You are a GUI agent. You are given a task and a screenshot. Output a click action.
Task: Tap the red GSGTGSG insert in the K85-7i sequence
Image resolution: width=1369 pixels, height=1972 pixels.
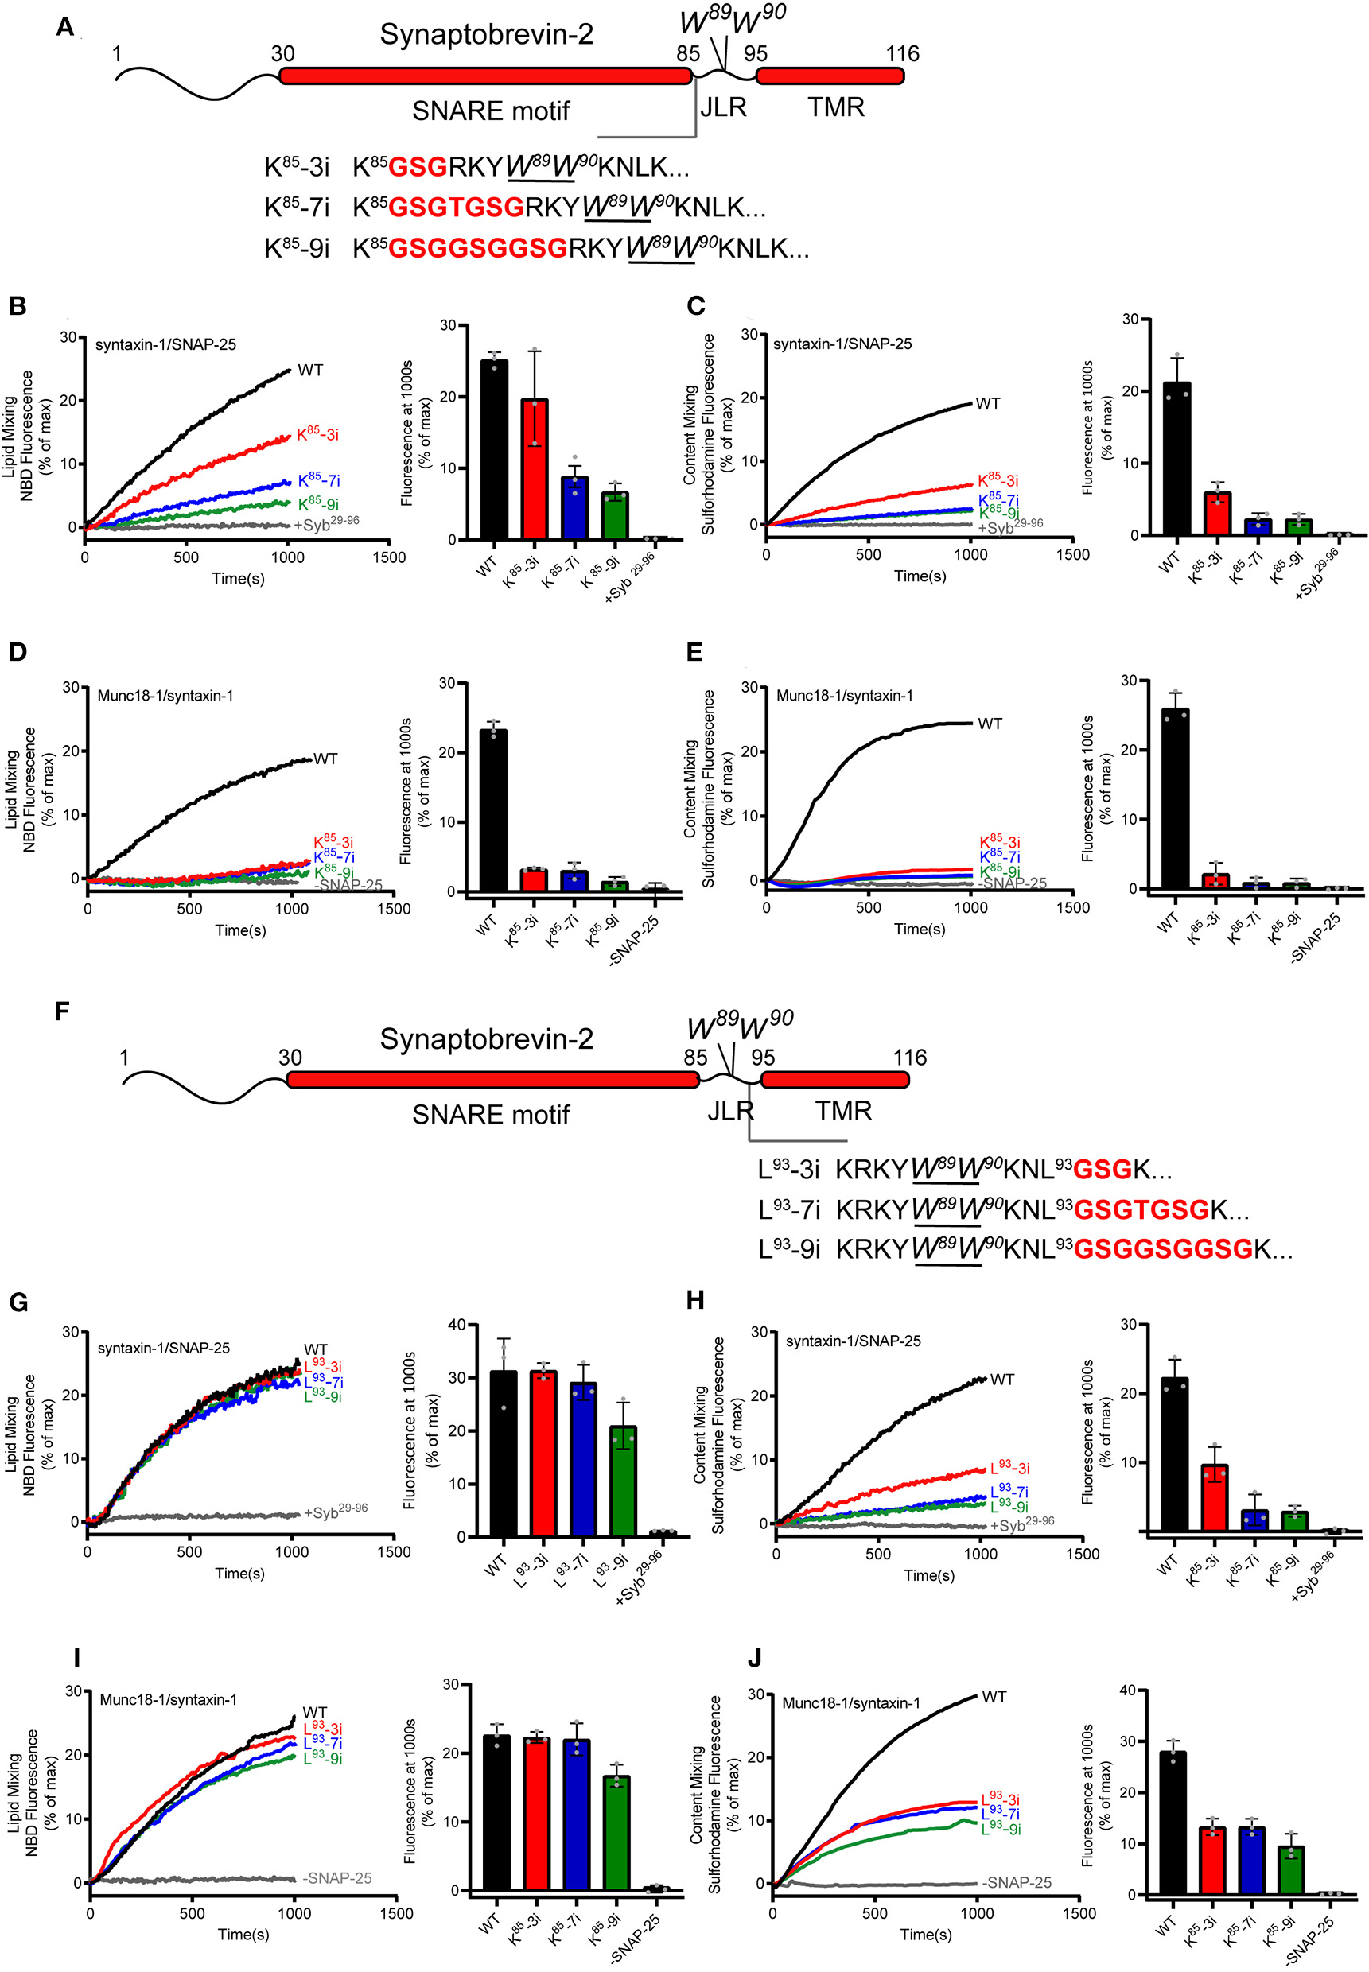[456, 208]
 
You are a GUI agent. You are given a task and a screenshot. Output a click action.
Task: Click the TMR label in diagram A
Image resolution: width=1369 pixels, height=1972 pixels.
[835, 107]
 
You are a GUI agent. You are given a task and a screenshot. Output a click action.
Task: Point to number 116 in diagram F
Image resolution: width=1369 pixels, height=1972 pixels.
[909, 1057]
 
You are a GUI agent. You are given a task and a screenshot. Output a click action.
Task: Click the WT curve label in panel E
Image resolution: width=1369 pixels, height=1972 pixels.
[989, 724]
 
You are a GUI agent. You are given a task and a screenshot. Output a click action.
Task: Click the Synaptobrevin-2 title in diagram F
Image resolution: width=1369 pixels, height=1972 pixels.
[485, 1038]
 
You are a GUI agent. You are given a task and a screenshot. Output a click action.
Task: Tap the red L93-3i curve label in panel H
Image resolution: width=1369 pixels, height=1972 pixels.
[1009, 1468]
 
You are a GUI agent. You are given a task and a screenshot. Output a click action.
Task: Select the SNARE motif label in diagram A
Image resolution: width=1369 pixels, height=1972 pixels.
[491, 111]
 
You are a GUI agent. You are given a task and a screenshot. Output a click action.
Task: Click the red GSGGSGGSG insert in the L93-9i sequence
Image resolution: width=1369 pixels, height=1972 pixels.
[1163, 1249]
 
